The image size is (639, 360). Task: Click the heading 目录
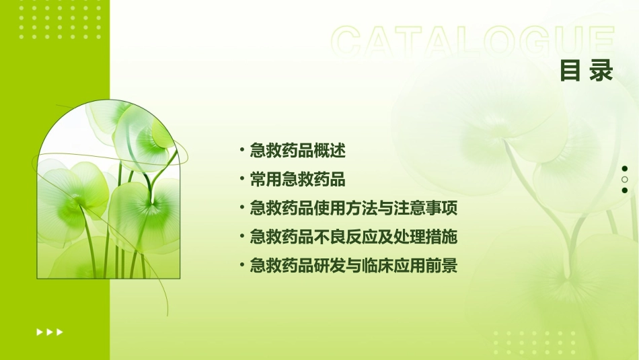(x=587, y=70)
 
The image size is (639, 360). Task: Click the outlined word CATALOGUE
(x=472, y=42)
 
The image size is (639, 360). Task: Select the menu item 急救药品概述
(x=297, y=151)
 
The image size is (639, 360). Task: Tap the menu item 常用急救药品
(x=297, y=180)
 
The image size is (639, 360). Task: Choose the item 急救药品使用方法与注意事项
(x=354, y=209)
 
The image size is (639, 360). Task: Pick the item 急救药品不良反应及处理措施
(x=354, y=237)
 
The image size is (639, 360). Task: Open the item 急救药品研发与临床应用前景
(x=354, y=266)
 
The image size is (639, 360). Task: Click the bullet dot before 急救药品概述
(x=242, y=151)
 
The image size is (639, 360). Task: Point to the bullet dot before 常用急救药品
(x=242, y=180)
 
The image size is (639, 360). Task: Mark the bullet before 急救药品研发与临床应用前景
(x=242, y=266)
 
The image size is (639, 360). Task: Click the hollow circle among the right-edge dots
(x=624, y=180)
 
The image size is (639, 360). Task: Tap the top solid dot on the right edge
(x=624, y=169)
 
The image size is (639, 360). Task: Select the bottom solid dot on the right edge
(x=624, y=190)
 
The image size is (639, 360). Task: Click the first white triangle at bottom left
(x=39, y=332)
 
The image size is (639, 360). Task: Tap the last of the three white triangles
(x=60, y=332)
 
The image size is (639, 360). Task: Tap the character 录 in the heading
(x=602, y=70)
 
